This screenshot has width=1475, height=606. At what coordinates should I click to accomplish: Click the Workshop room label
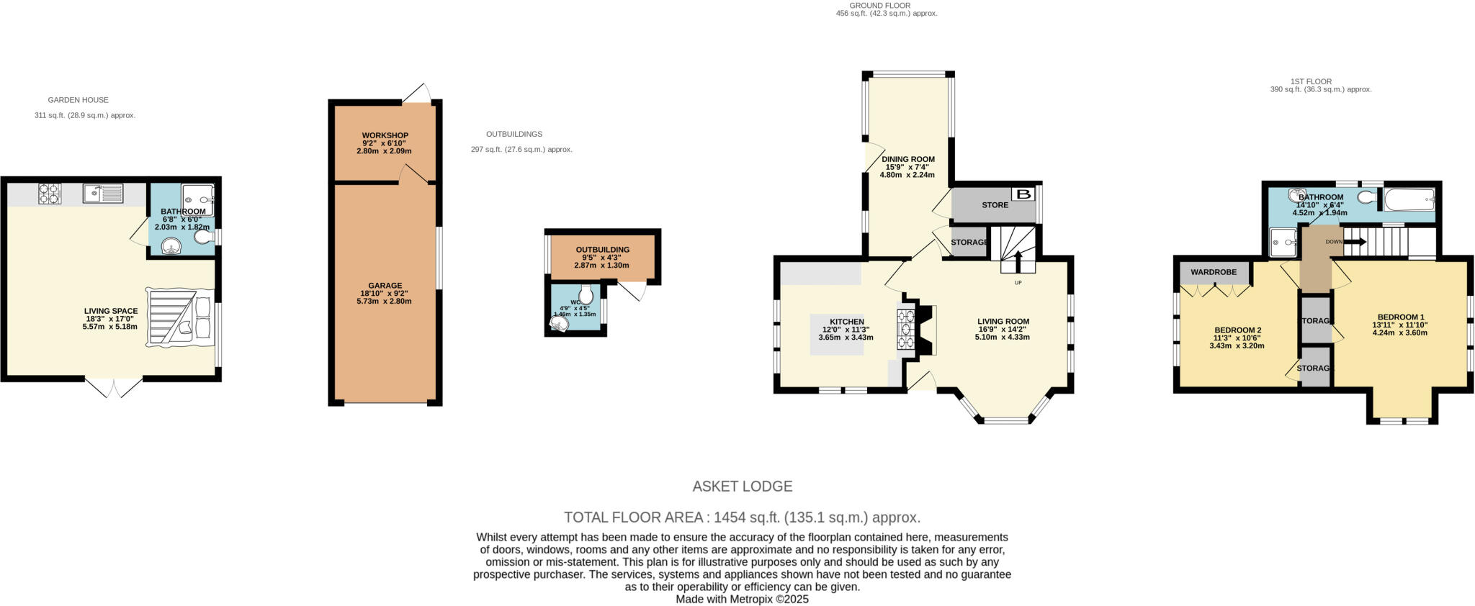(385, 135)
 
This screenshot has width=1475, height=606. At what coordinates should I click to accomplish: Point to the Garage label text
(385, 286)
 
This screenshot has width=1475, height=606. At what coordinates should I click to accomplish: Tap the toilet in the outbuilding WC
(586, 294)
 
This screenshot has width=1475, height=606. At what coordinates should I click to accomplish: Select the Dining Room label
(907, 159)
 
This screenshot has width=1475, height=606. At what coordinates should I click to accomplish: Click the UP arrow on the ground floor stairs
(1018, 261)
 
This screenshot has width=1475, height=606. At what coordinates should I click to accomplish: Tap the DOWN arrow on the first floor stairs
(1354, 242)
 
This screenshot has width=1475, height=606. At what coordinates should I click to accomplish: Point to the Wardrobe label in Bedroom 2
(1214, 272)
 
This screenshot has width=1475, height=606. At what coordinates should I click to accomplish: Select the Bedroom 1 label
(1400, 317)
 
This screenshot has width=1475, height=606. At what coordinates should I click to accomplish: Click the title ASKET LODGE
(742, 486)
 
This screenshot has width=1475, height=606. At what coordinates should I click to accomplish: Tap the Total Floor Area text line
(742, 517)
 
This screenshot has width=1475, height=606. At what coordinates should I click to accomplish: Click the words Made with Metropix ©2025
(742, 599)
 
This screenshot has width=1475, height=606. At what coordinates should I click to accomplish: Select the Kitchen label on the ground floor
(846, 322)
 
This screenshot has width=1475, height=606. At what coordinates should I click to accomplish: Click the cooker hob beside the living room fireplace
(905, 330)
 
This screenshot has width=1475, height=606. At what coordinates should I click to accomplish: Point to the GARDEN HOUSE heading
(78, 100)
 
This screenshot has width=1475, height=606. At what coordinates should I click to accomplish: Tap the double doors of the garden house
(114, 387)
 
